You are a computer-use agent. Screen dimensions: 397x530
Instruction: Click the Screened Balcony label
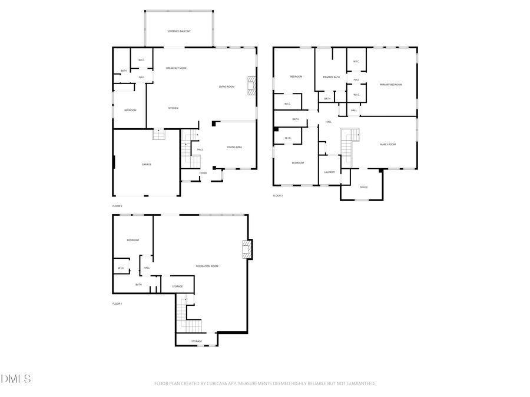coord(178,31)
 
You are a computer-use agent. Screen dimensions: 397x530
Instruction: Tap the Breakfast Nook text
coord(176,68)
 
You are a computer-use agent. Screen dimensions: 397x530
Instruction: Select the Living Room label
coord(227,86)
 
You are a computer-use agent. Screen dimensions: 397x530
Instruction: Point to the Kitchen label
coord(173,108)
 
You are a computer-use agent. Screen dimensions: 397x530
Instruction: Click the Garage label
coord(146,164)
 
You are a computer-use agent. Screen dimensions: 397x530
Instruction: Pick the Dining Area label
coord(234,147)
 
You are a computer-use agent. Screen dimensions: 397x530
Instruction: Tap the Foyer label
coord(203,173)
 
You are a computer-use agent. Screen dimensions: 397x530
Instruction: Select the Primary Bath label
coord(331,77)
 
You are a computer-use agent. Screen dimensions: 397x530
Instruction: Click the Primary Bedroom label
coord(391,85)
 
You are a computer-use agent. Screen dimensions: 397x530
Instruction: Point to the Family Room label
coord(387,144)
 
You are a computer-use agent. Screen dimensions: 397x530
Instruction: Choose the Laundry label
coord(329,172)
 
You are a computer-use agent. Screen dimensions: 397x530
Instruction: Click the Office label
coord(363,187)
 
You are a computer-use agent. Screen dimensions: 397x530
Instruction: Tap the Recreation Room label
coord(207,266)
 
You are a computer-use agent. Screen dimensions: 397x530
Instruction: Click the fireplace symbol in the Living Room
coord(252,86)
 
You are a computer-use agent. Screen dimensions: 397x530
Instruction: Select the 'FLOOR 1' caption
coord(117,303)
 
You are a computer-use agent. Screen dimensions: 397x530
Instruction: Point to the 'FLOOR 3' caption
coord(277,195)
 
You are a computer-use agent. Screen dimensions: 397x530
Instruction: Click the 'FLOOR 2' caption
coord(117,206)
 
